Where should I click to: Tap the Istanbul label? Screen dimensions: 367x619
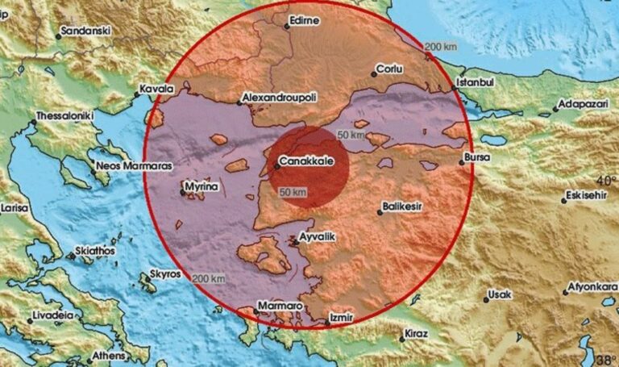[473, 81]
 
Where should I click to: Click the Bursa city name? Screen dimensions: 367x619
[479, 157]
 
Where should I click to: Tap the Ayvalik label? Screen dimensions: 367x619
[316, 237]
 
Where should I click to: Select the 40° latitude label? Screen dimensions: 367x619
[606, 179]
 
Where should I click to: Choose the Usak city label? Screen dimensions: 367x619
[501, 294]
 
